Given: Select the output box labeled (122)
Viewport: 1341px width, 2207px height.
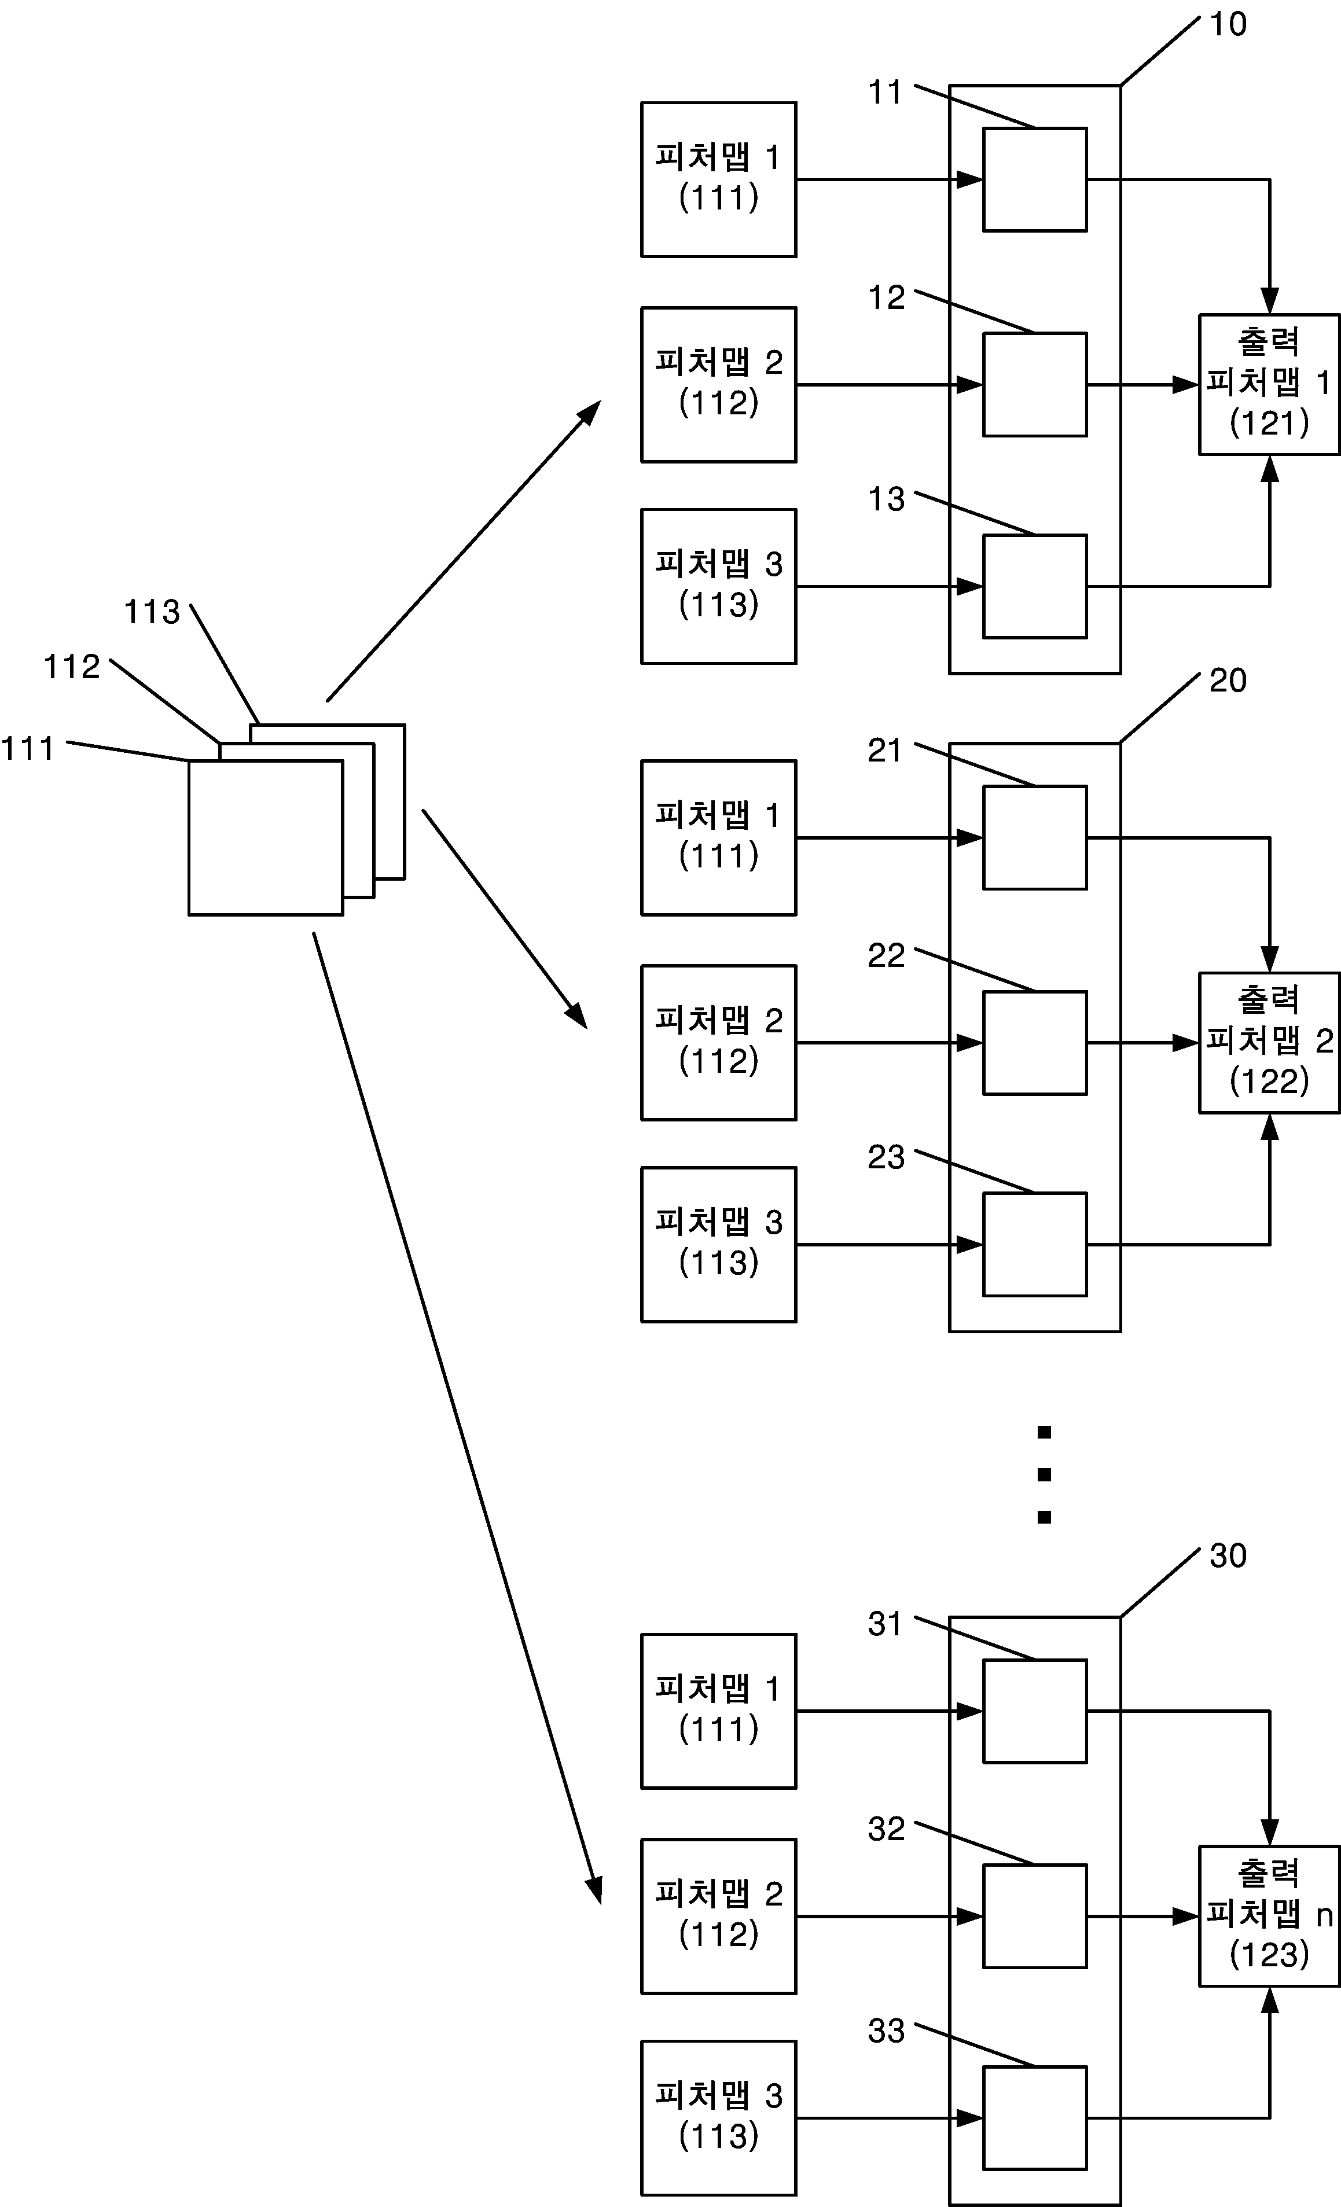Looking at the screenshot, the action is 1269,1043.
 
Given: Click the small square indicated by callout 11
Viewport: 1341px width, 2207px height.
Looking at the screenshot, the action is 1035,179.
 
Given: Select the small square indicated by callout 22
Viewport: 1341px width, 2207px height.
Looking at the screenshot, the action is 1035,1043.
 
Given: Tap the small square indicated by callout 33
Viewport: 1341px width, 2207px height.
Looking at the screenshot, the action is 1035,2118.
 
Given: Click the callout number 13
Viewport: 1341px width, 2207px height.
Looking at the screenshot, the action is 886,500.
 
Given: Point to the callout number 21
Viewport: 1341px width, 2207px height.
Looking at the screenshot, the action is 884,751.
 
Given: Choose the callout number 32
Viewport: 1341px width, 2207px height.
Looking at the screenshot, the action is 886,1829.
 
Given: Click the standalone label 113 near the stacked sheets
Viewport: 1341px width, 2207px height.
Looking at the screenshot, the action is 152,613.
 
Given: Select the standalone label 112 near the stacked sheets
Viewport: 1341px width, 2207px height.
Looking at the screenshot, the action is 72,667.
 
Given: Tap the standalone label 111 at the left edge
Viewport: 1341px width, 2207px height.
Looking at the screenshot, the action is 28,749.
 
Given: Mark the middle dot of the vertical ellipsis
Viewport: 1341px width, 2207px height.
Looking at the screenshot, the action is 1044,1474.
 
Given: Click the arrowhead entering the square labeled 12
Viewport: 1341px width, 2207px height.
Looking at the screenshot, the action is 970,385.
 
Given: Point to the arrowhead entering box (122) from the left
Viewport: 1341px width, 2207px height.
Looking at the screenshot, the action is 1186,1043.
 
